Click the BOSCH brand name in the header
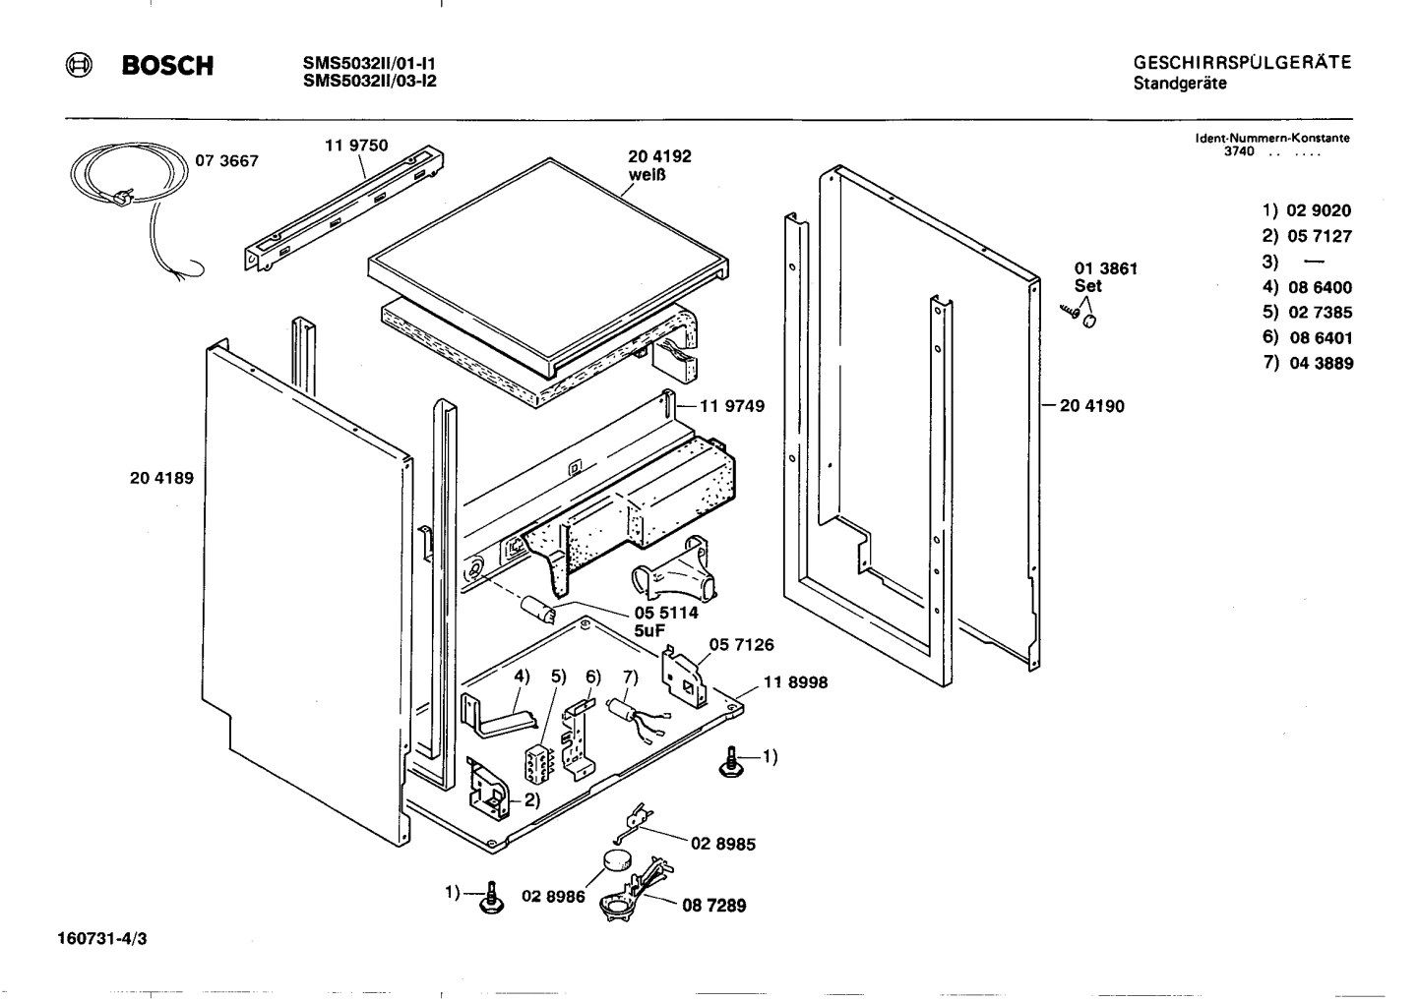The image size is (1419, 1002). [x=166, y=66]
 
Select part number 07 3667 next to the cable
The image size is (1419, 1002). [x=226, y=161]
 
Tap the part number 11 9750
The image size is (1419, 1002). [x=355, y=146]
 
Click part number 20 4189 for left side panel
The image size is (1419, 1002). [x=161, y=479]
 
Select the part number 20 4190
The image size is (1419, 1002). [x=1091, y=405]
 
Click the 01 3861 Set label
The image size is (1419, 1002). [x=1106, y=276]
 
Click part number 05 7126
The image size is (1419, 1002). [x=741, y=645]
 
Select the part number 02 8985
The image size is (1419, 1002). [x=723, y=844]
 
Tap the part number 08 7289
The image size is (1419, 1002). [x=713, y=906]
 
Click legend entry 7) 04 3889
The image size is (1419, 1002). [x=1308, y=363]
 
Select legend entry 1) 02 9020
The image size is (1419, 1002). [x=1307, y=210]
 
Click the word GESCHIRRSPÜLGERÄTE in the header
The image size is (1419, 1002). [x=1242, y=63]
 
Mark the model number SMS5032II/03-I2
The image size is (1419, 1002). [x=370, y=82]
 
